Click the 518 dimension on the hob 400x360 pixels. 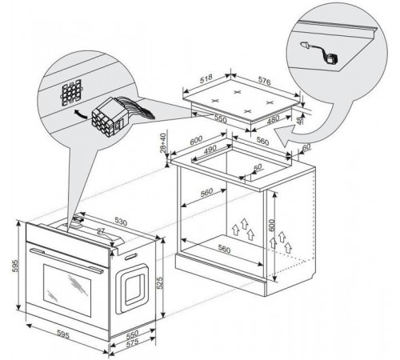tap(206, 78)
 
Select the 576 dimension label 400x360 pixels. tap(264, 81)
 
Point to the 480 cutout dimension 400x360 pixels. tap(273, 119)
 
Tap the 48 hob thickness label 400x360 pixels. tap(301, 120)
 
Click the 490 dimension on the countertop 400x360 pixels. tap(210, 150)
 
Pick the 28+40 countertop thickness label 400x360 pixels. tap(162, 142)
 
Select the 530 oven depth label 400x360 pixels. tap(121, 222)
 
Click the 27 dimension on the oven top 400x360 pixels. tap(101, 231)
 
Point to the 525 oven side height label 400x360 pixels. tap(159, 283)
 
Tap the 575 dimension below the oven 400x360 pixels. tap(133, 343)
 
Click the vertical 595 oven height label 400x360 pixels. tap(15, 266)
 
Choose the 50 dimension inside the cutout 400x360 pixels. tap(258, 168)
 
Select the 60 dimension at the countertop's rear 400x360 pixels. tap(306, 146)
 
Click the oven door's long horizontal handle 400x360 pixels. tap(66, 261)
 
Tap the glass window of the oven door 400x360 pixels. tap(67, 290)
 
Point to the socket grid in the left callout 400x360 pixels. tap(71, 93)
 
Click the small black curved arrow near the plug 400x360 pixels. tap(81, 114)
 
